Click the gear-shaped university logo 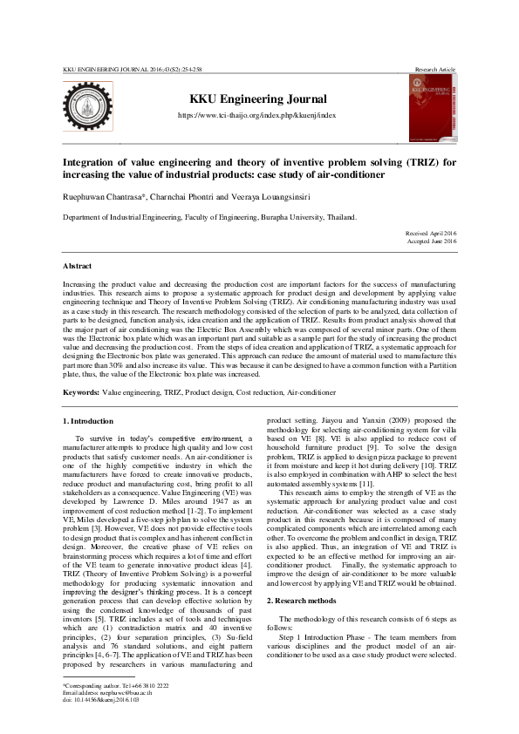[x=87, y=106]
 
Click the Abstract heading [x=78, y=264]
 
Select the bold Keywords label [x=81, y=393]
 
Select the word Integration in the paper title [x=92, y=161]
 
